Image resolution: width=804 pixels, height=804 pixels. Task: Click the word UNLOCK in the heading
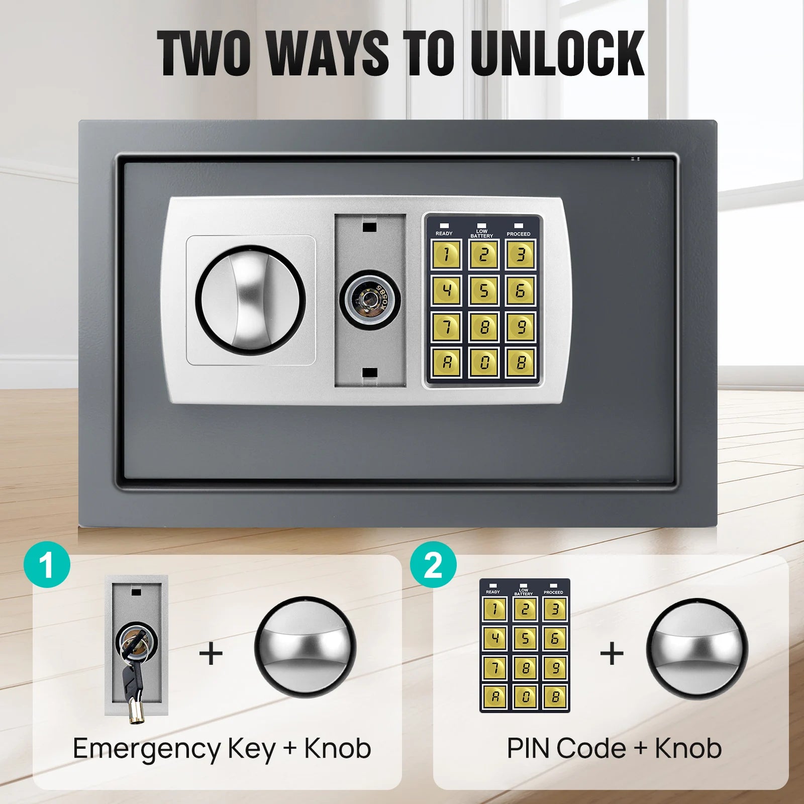557,53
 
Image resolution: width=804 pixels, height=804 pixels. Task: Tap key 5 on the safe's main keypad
483,290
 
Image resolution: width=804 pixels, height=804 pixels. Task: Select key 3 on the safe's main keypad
521,255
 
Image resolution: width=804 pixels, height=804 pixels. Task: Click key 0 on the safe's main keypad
483,362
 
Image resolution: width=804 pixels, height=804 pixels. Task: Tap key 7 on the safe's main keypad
446,327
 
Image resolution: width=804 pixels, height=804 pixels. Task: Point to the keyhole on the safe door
370,300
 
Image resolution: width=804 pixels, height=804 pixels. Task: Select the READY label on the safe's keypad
444,233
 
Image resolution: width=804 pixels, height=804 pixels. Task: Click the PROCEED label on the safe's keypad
519,234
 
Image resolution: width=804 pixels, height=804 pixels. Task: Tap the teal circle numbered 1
47,565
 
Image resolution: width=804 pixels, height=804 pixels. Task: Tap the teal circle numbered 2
433,565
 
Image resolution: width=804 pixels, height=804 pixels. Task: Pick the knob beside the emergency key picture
305,647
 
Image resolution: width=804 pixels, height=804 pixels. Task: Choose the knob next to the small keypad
697,648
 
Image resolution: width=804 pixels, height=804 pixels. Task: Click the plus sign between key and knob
211,654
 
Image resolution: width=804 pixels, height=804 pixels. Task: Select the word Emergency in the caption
147,749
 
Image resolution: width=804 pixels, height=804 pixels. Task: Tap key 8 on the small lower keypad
525,668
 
